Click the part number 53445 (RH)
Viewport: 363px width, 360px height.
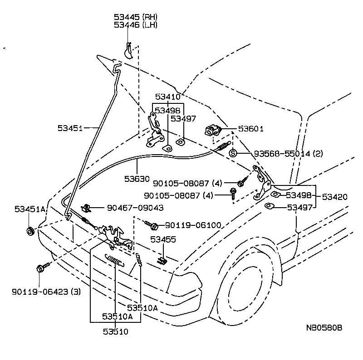click(135, 17)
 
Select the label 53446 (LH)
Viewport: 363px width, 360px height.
click(135, 24)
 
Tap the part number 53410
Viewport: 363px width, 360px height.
click(167, 97)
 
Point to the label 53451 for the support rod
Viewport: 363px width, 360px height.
click(70, 128)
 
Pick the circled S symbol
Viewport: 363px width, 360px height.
click(233, 153)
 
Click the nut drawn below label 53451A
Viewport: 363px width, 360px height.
click(30, 232)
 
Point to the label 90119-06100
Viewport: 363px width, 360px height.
click(192, 225)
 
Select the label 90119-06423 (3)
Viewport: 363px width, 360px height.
click(46, 292)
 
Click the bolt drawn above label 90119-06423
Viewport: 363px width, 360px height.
click(39, 268)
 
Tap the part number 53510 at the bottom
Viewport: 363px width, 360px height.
click(115, 331)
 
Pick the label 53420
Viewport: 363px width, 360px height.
click(334, 197)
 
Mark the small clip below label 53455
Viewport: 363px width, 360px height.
click(162, 261)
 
